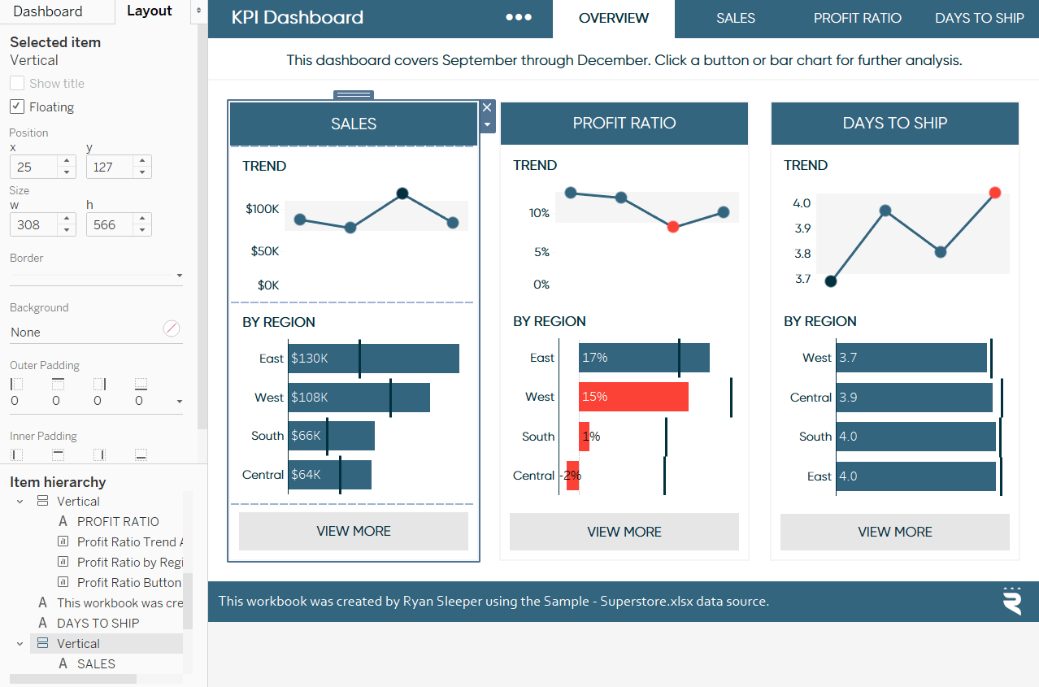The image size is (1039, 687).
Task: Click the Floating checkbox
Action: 17,107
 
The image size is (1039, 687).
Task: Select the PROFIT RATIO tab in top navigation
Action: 857,18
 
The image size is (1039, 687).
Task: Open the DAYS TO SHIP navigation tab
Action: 979,18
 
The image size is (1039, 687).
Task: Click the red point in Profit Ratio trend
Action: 672,227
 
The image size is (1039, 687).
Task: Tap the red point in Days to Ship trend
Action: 995,193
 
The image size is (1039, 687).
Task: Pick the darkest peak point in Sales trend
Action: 402,193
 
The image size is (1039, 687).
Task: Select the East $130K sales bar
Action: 373,359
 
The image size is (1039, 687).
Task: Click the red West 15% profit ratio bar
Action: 633,397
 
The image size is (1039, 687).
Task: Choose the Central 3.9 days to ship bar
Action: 914,398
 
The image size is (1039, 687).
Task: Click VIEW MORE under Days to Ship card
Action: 894,532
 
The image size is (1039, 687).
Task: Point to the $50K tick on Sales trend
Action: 264,251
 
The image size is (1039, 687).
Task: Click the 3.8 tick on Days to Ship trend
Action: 802,254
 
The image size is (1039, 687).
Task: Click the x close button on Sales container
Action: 487,107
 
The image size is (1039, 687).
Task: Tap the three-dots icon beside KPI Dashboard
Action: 519,18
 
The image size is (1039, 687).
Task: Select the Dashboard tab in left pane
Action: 48,11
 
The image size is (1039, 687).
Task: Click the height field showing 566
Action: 111,224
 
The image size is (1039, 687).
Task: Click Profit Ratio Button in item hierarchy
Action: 128,582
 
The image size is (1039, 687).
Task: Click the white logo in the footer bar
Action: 1012,601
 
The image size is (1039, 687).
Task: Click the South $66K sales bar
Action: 331,436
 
